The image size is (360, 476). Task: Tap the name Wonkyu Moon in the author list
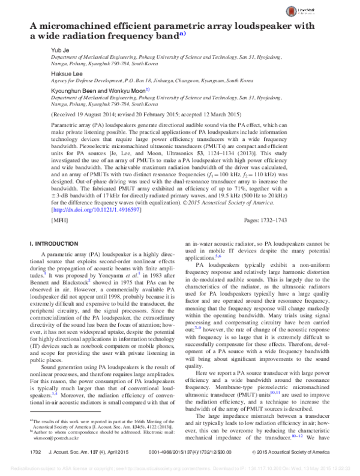point(128,91)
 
